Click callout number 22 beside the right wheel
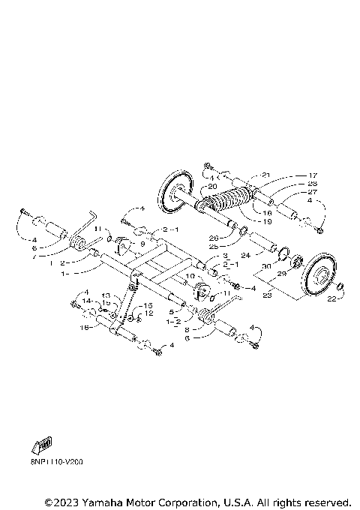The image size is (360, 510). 331,299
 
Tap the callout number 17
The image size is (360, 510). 313,175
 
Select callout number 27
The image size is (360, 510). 313,192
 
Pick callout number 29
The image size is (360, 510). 282,274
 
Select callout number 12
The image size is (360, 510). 149,313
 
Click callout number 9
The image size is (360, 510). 142,243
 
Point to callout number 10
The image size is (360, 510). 190,276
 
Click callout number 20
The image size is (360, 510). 211,187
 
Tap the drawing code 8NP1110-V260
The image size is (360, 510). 57,462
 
